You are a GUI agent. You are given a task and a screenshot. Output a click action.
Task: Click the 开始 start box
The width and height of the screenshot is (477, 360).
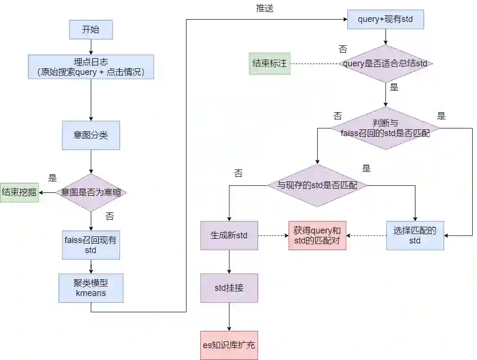pos(91,30)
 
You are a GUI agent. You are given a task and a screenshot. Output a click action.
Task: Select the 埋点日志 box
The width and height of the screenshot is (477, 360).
pos(91,67)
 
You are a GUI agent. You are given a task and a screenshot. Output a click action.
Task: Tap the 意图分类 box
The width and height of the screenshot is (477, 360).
pos(91,135)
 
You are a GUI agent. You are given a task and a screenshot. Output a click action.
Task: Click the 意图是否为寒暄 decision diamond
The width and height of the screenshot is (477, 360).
pos(91,193)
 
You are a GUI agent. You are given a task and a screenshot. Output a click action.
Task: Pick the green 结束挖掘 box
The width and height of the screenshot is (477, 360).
pos(20,192)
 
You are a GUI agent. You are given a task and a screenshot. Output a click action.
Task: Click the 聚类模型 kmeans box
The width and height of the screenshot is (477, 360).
pos(91,288)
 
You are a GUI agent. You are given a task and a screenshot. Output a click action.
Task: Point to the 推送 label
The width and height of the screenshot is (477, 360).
pos(265,9)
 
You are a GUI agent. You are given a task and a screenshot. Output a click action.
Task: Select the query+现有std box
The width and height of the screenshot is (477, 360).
pos(385,20)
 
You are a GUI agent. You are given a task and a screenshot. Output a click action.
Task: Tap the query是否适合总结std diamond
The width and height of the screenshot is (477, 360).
pos(385,64)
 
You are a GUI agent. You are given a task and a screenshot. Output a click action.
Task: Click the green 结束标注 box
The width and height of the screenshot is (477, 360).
pos(270,64)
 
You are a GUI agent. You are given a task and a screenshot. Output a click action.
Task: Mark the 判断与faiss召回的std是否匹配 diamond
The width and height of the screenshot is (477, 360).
pos(385,128)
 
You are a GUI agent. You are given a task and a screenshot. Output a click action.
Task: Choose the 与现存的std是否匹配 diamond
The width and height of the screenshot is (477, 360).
pos(317,185)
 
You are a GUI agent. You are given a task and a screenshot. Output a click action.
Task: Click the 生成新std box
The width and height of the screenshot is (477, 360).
pos(229,235)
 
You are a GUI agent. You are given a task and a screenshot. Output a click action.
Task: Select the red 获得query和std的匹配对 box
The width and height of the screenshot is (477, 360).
pos(317,235)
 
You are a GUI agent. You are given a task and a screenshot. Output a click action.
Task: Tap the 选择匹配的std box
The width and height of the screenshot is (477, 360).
pos(415,235)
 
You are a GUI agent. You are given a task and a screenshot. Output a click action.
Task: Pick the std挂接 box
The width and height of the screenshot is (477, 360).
pos(229,288)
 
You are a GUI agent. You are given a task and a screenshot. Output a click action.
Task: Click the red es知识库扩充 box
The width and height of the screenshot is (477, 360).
pos(229,345)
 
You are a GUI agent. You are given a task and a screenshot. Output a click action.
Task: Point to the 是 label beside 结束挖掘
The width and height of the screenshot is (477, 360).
pos(52,178)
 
